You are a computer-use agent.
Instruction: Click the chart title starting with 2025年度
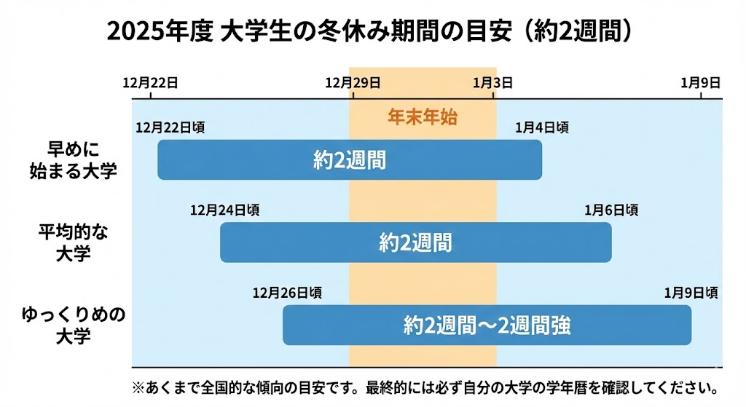pos(373,32)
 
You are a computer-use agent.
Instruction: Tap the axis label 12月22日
pos(151,82)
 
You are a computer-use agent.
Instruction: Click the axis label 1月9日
pos(701,82)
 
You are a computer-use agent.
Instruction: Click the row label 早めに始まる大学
pos(73,159)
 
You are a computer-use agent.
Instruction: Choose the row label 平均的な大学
pos(73,242)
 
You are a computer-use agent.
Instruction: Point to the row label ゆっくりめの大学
pos(73,325)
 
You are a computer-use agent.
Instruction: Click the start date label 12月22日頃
pos(170,127)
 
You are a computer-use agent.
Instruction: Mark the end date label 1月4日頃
pos(542,127)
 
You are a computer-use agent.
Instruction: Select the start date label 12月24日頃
pos(224,210)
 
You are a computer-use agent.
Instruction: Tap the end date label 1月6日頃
pos(611,210)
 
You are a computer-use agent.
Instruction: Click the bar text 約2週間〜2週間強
pos(487,325)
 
